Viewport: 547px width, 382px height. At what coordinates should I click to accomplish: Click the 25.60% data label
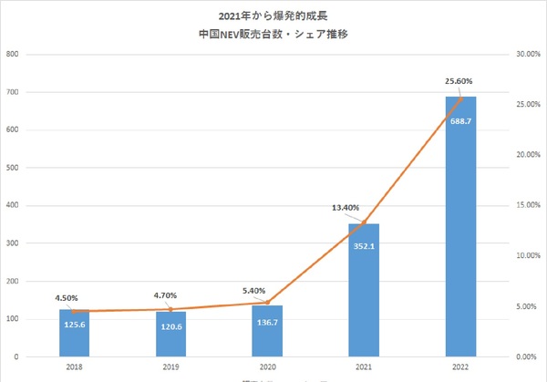click(x=459, y=82)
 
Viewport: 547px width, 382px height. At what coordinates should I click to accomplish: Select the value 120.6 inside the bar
click(x=170, y=325)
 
